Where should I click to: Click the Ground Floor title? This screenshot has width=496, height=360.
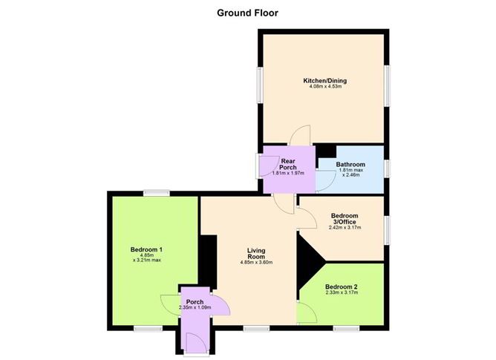coord(247,13)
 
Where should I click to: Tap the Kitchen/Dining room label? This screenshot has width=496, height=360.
coord(325,81)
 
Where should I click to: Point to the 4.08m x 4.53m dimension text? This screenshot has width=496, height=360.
coord(325,86)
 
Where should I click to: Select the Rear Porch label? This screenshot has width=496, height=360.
coord(288,164)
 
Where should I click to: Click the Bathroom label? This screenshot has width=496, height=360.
coord(350,165)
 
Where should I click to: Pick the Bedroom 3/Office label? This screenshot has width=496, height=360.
coord(345,218)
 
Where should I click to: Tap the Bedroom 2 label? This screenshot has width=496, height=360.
coord(342,287)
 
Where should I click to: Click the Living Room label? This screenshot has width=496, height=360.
coord(256,253)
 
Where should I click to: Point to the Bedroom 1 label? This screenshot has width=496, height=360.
coord(146,249)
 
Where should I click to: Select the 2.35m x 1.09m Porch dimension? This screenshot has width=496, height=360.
coord(195,307)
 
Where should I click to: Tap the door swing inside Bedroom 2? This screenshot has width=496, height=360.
coord(307,312)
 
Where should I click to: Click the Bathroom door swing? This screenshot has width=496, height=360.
coord(326,181)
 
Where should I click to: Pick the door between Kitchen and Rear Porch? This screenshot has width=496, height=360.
coord(300,135)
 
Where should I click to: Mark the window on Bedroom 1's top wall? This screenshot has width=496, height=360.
coord(156,193)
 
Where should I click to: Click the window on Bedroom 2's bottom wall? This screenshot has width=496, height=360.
coord(346,329)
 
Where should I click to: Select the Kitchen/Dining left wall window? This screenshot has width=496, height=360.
coord(260,85)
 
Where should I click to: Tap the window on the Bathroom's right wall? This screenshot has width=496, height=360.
coord(387,168)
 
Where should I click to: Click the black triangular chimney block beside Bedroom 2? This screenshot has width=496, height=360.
coord(308,264)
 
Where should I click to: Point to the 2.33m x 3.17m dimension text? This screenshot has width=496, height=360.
coord(342,292)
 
